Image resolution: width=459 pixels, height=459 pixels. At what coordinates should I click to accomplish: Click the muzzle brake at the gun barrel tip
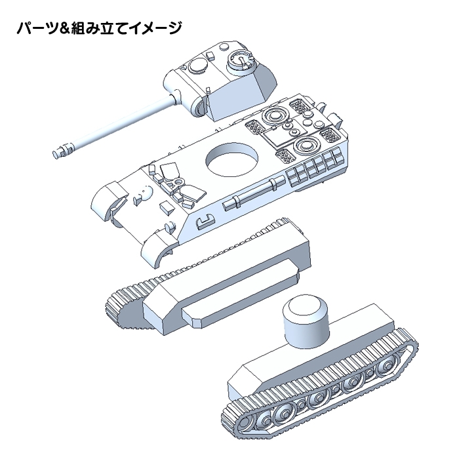[x=62, y=150]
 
